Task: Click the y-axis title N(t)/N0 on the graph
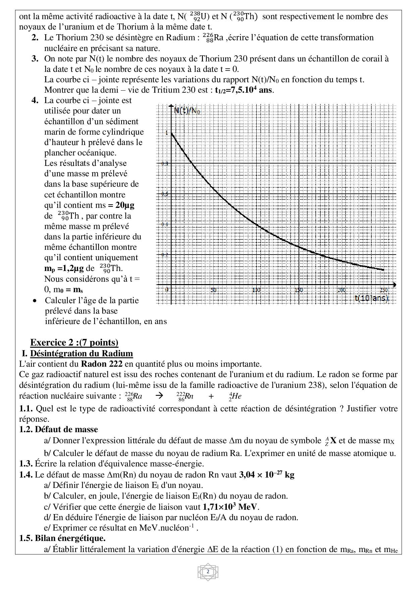coord(187,110)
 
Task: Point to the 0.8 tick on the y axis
coord(165,164)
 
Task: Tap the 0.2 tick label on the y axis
coord(165,255)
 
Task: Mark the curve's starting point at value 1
coord(171,133)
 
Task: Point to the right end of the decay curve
coord(384,270)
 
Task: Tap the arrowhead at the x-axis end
coord(394,285)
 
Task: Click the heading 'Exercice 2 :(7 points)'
coord(74,342)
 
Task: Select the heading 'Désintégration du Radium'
coord(81,353)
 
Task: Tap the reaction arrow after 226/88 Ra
coord(159,396)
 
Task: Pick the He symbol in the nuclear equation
coord(237,396)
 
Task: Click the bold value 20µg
coord(125,205)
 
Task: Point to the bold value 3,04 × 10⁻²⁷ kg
coord(266,474)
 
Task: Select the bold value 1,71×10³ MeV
coord(231,506)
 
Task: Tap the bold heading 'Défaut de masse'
coord(66,429)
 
